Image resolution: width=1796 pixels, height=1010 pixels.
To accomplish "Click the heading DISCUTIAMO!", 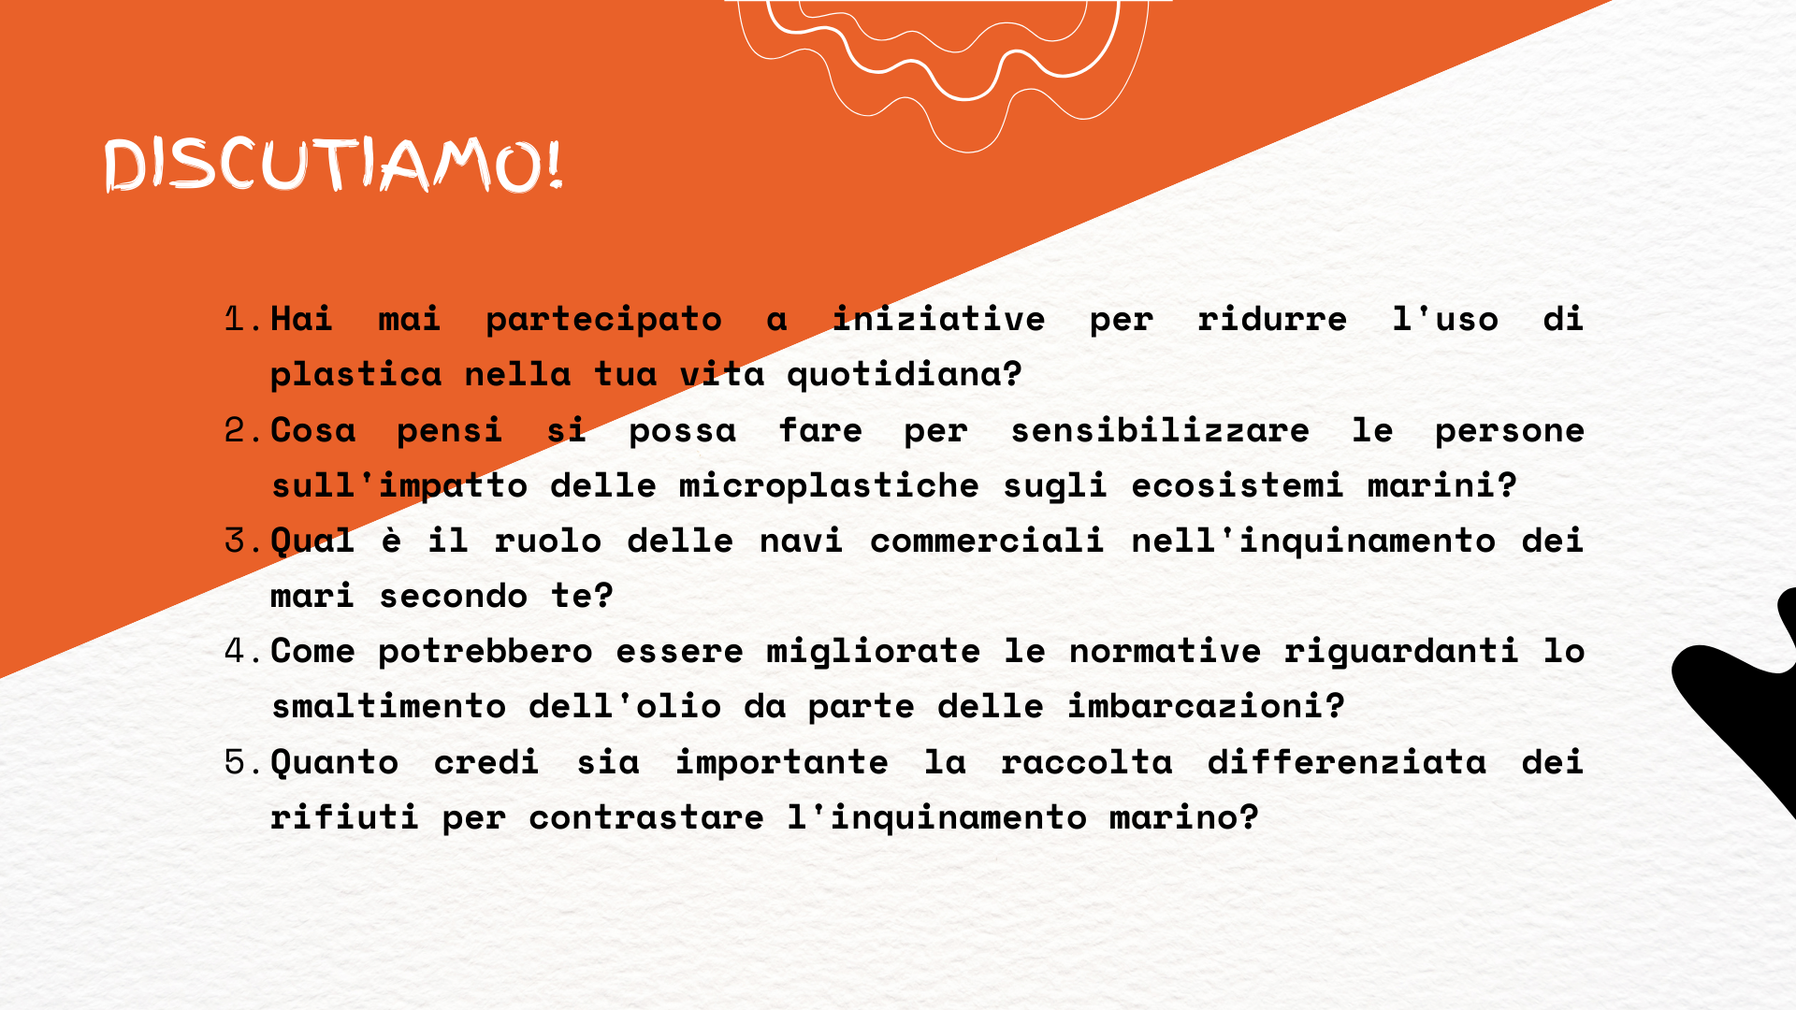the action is point(333,166).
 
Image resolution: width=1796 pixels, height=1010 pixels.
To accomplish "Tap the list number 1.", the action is point(243,319).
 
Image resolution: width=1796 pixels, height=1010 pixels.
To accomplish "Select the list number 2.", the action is point(243,430).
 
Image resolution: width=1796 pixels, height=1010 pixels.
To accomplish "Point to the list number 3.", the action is point(243,541).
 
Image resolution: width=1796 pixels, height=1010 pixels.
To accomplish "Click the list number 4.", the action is point(243,651).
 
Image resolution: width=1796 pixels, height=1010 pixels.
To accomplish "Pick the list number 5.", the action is point(243,762).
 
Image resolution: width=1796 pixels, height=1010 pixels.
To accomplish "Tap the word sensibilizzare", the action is point(1160,430).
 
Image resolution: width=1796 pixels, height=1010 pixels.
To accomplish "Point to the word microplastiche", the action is point(829,486).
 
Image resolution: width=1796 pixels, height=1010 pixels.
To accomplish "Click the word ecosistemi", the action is point(1238,485).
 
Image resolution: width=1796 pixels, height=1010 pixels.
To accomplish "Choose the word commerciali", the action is point(987,541).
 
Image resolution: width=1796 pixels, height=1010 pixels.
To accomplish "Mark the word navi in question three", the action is point(801,541).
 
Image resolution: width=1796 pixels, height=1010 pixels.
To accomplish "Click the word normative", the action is point(1166,652).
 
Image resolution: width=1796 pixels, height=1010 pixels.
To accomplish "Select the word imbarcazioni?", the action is point(1206,707).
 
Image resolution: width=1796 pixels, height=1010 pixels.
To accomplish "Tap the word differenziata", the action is point(1347,762).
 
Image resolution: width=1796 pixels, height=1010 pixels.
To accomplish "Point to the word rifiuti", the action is point(344,817).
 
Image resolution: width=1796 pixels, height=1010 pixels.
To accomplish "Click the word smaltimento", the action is point(388,707).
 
